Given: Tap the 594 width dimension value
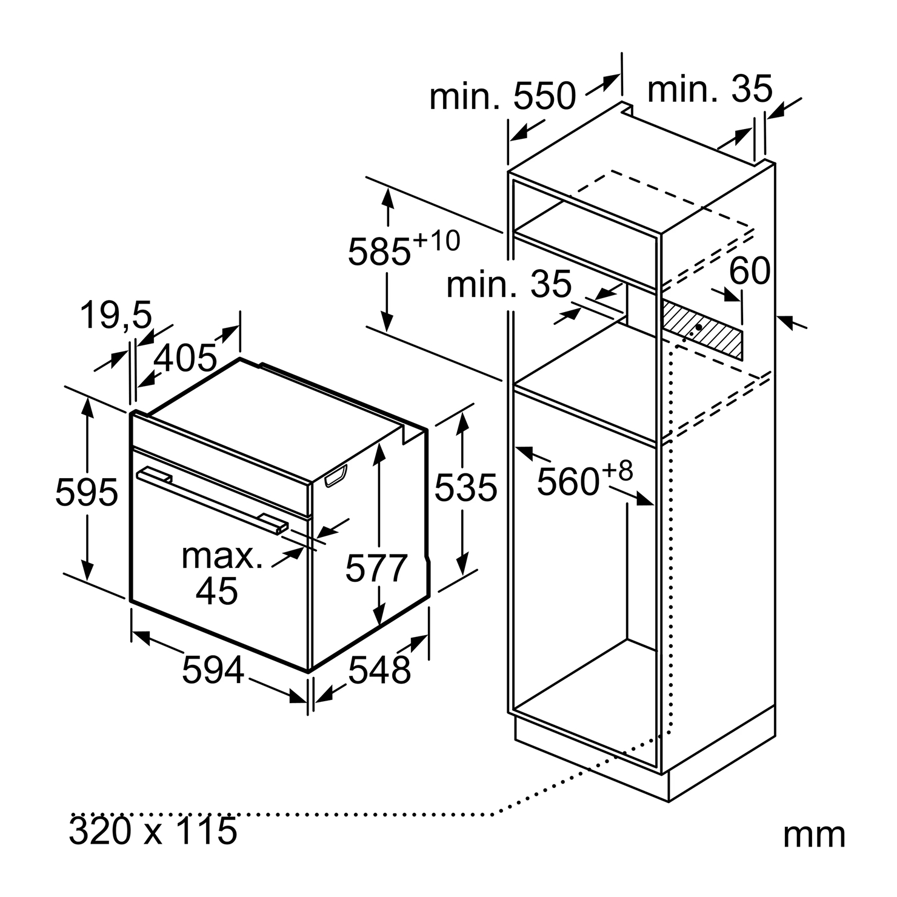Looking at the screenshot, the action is click(213, 670).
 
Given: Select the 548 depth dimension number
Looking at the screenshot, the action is click(379, 670).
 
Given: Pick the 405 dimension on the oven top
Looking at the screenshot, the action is click(185, 358).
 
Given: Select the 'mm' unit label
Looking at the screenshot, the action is click(814, 835).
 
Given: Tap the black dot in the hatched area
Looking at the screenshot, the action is click(699, 327).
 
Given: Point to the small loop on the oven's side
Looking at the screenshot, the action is click(337, 476).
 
